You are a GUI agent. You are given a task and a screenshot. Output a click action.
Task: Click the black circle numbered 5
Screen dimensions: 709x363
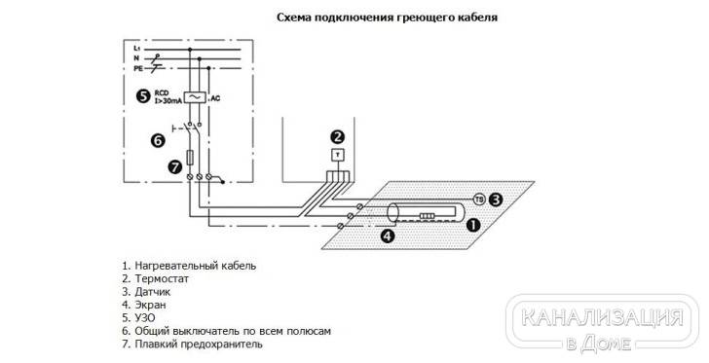(x=143, y=95)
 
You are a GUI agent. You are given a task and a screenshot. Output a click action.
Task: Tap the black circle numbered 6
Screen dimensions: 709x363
(x=158, y=140)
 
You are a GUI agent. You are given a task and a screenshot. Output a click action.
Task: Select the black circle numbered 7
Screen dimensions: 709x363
(x=175, y=167)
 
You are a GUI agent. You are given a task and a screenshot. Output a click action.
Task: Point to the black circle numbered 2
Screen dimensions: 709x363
(x=337, y=136)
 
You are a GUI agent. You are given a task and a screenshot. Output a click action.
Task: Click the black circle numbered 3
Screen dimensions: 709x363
(x=496, y=199)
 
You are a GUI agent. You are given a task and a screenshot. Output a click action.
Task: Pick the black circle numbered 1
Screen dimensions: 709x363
(x=472, y=225)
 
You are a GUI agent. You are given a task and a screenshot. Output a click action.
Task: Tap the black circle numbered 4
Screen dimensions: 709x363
(x=387, y=236)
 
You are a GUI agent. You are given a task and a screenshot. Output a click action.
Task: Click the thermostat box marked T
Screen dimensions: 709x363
(x=338, y=155)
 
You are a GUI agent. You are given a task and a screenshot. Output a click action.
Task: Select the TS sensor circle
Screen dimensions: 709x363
(x=479, y=199)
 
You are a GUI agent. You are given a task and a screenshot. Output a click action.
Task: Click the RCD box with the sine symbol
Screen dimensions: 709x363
(x=196, y=97)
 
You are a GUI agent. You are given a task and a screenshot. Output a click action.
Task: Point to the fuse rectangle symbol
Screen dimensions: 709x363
(x=190, y=157)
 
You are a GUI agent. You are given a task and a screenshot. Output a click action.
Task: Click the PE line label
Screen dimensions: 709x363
(x=138, y=69)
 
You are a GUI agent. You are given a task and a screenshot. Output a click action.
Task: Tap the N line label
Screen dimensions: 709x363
(x=136, y=58)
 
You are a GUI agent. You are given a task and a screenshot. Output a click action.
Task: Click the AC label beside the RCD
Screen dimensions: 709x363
(x=215, y=98)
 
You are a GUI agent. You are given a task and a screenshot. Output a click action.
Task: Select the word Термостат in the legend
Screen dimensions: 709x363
(x=162, y=278)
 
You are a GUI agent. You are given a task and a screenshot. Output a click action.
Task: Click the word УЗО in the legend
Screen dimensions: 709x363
(x=145, y=318)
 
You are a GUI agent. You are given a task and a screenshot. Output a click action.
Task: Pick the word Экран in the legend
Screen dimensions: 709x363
(x=150, y=305)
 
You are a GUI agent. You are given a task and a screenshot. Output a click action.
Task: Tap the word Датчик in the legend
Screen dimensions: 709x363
(x=152, y=292)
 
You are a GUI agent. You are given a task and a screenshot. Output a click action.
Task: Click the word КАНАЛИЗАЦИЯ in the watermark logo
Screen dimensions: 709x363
(x=602, y=317)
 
